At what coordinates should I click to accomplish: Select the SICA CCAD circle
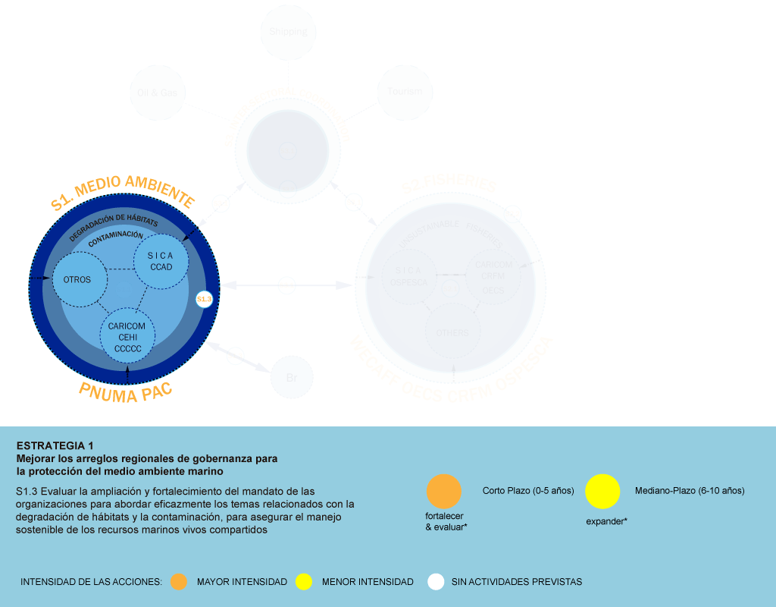tap(161, 261)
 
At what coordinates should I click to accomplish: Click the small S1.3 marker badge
tap(204, 300)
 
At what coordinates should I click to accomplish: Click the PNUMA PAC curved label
tap(126, 392)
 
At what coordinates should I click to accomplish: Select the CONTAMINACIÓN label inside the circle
tap(115, 238)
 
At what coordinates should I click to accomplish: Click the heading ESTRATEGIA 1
tap(55, 445)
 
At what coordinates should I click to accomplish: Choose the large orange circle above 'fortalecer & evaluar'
tap(444, 491)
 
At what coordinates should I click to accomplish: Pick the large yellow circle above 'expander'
tap(602, 491)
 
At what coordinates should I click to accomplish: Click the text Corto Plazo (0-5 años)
tap(528, 491)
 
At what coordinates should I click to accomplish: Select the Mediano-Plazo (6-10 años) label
tap(690, 491)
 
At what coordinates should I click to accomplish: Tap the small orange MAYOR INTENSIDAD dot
tap(178, 582)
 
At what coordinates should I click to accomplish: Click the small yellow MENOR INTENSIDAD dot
tap(304, 582)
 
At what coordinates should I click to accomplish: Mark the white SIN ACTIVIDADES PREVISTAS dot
tap(436, 582)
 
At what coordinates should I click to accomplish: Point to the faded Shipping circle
tap(288, 32)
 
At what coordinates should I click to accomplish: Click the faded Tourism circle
tap(405, 92)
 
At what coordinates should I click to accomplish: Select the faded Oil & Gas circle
tap(158, 93)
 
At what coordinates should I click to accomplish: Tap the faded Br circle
tap(292, 376)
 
